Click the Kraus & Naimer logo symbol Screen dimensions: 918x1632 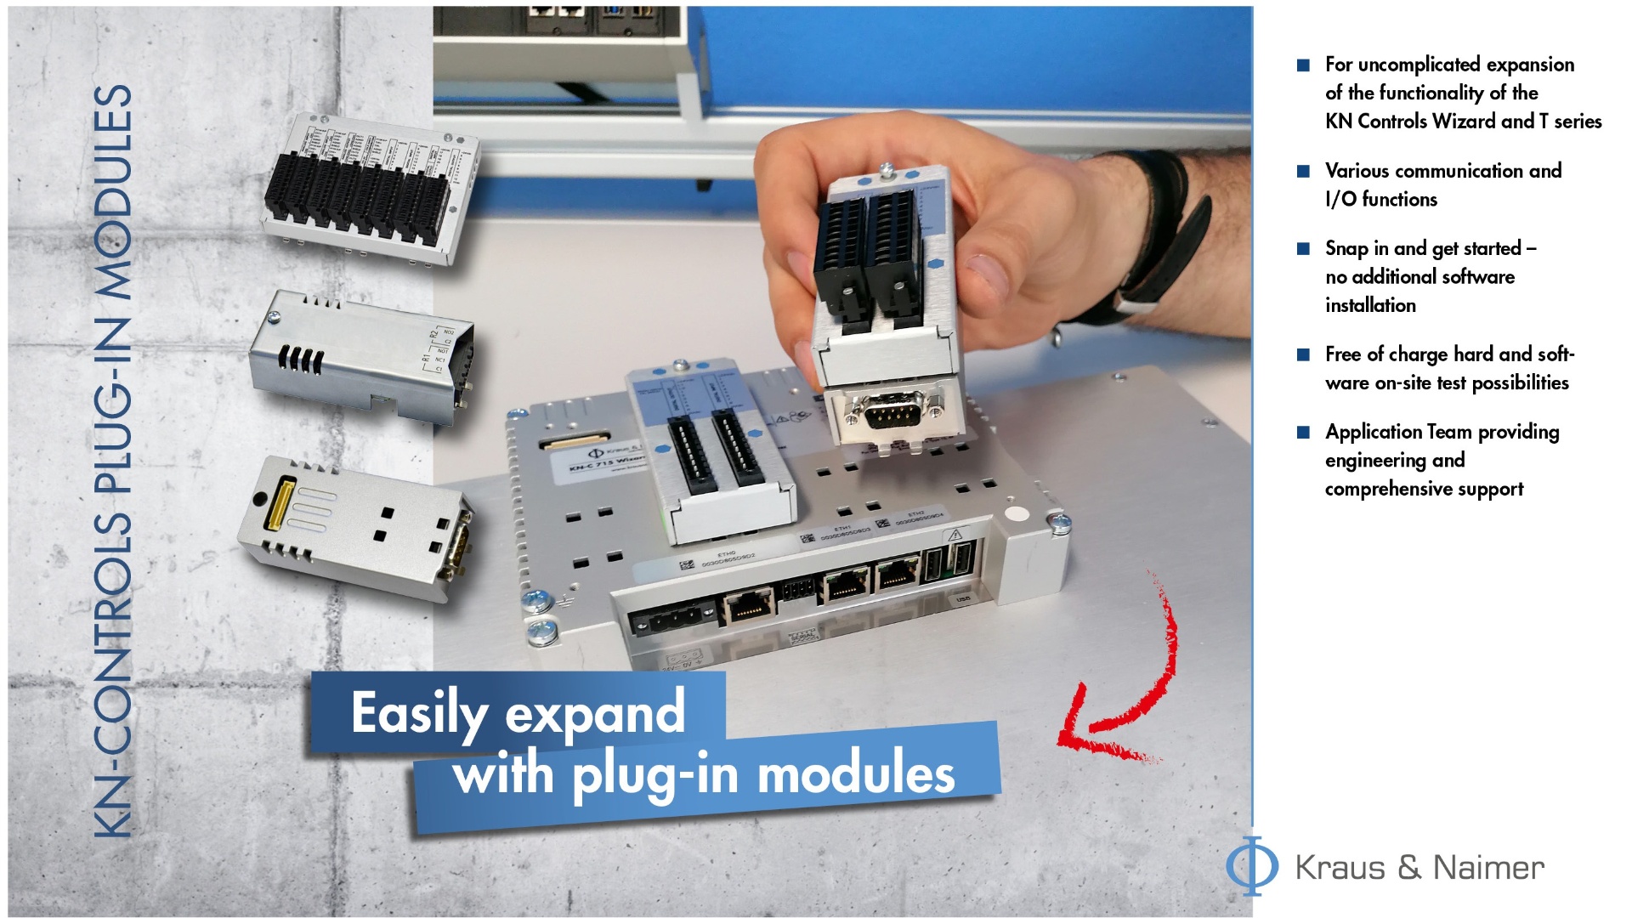tap(1251, 866)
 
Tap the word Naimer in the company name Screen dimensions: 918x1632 tap(1488, 868)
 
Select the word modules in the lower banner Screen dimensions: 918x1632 tap(855, 774)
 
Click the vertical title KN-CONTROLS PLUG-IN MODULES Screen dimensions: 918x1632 tap(113, 459)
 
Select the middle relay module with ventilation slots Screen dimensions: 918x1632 tap(361, 357)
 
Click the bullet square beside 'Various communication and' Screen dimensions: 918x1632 tap(1303, 171)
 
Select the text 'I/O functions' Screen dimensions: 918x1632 tap(1380, 199)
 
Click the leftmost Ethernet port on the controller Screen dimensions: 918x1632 tap(748, 609)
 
